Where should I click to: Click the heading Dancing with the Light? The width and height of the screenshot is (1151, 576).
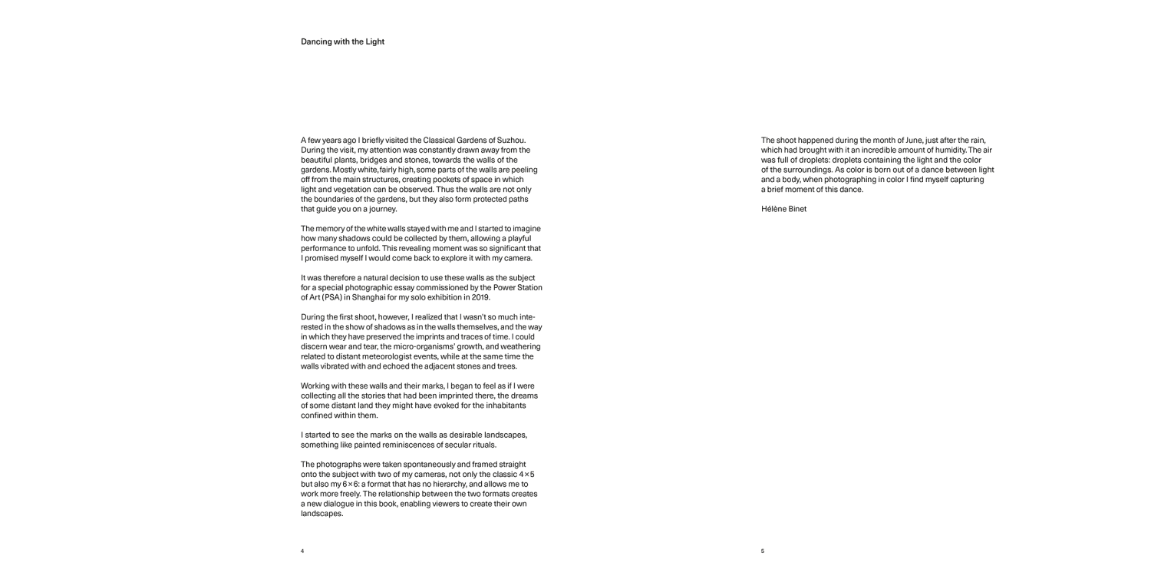342,41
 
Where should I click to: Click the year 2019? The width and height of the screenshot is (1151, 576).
481,297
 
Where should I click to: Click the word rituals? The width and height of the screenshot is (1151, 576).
482,445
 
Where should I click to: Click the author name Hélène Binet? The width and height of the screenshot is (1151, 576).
783,209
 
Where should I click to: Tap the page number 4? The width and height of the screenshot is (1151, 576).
302,551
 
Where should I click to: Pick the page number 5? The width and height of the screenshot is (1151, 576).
763,551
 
